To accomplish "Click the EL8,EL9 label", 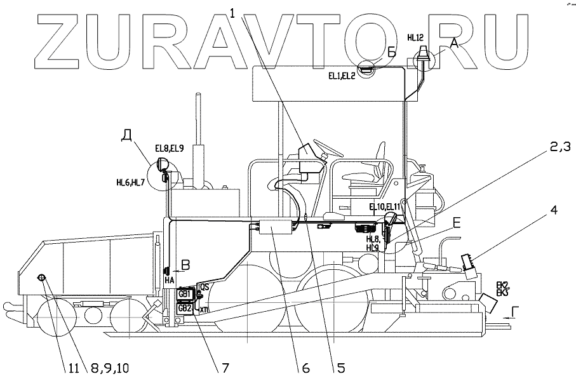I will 170,149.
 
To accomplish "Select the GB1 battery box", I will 185,294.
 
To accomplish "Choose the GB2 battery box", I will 185,308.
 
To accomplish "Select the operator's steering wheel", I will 327,147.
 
